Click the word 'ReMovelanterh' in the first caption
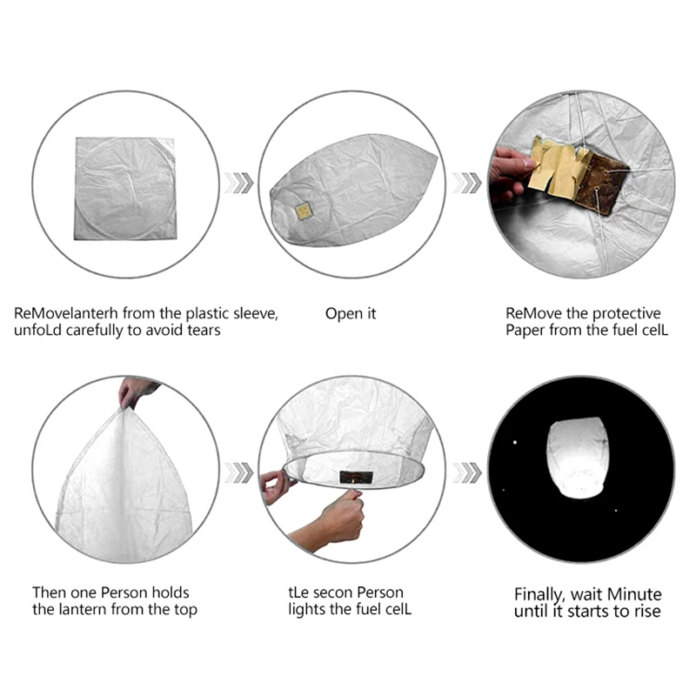tap(66, 314)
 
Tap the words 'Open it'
tap(351, 314)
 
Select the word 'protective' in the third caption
tap(626, 314)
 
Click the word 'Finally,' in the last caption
tap(539, 594)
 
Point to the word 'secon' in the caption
tap(333, 593)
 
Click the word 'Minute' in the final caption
tap(634, 594)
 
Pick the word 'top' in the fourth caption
tap(185, 611)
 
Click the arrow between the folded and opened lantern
tap(238, 183)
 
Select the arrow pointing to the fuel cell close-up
tap(467, 183)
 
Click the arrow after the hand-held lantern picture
tap(238, 472)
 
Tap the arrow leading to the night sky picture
tap(467, 472)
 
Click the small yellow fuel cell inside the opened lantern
tap(304, 211)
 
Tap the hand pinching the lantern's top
tap(136, 391)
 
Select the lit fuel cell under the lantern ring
tap(356, 477)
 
